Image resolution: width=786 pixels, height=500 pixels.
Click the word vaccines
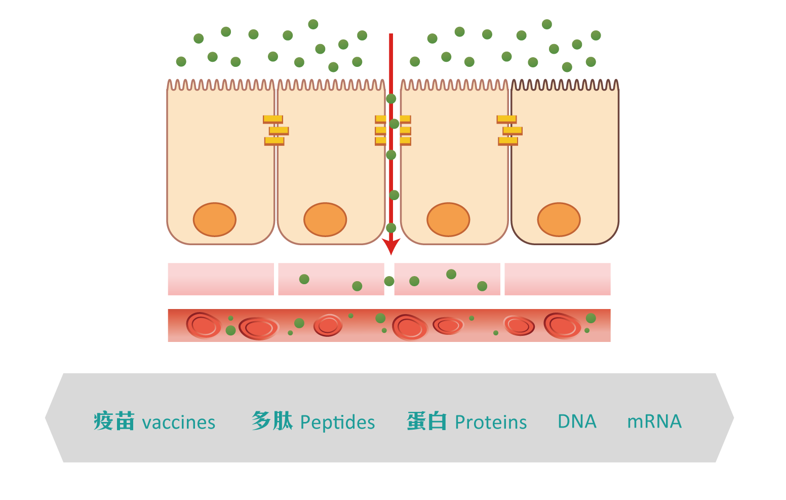(x=179, y=422)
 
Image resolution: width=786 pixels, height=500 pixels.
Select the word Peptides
(x=337, y=422)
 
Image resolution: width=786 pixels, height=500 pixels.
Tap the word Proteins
(x=491, y=422)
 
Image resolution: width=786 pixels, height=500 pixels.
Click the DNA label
(x=577, y=421)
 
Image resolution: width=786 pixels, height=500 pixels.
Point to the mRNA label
(x=654, y=421)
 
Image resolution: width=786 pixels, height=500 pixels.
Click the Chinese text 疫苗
(x=114, y=421)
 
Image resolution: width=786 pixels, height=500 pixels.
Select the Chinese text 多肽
(x=272, y=421)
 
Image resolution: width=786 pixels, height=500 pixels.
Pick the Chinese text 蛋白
(x=427, y=421)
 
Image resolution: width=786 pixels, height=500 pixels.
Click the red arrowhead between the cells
(x=391, y=246)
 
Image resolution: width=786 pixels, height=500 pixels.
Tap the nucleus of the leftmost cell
(x=215, y=219)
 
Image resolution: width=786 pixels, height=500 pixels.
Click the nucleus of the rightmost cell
(x=559, y=219)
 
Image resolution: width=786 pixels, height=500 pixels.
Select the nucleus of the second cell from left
(x=325, y=219)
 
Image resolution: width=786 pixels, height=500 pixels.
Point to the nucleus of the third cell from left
(x=448, y=219)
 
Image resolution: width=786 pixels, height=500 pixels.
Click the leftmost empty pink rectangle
(x=220, y=279)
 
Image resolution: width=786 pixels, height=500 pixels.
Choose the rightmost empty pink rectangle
(x=557, y=279)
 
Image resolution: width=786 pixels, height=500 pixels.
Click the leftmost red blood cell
(x=204, y=325)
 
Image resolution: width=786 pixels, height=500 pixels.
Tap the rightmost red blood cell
(x=562, y=325)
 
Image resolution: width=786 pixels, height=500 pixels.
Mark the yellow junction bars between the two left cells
(x=276, y=130)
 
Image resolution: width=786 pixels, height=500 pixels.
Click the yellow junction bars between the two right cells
(x=509, y=130)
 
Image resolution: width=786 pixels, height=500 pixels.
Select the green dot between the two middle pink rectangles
(x=389, y=281)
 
